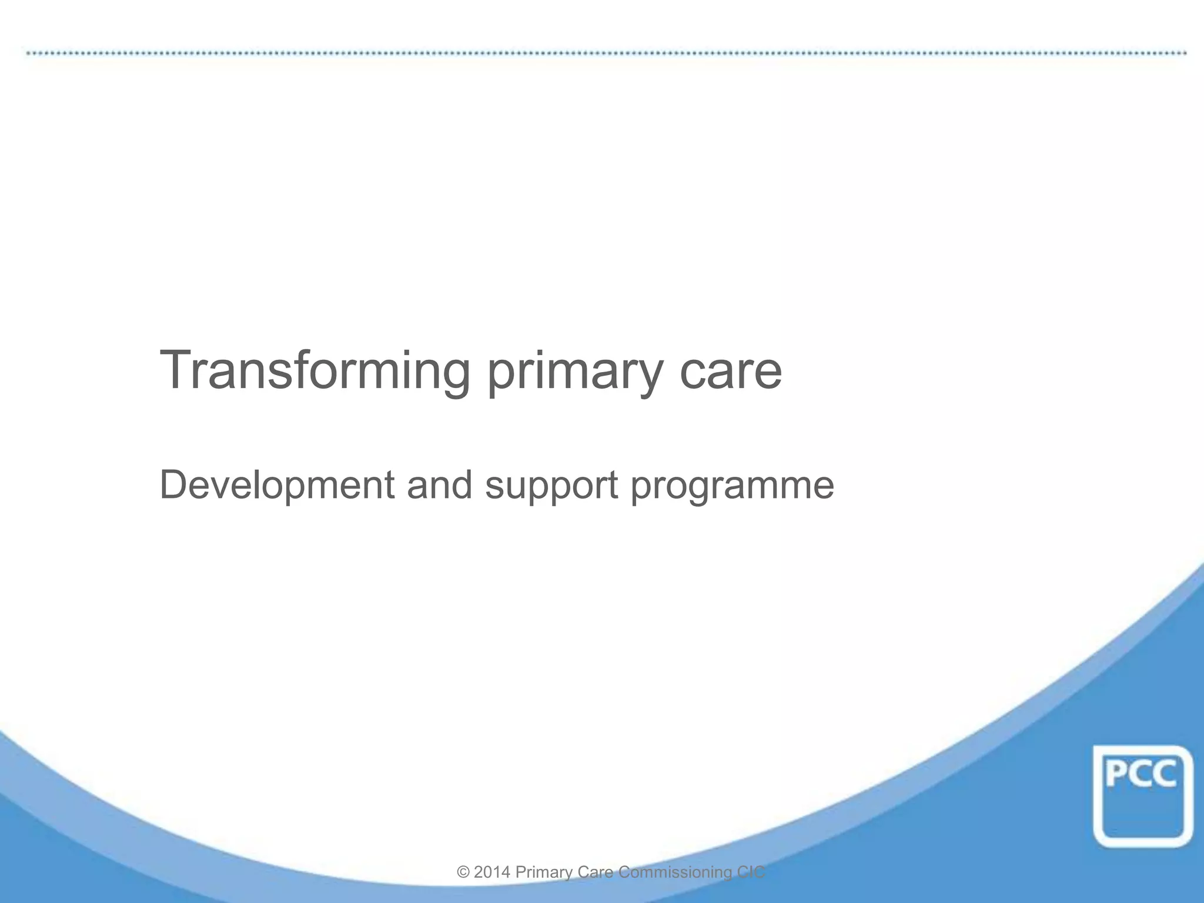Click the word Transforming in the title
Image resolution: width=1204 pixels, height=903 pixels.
pos(315,370)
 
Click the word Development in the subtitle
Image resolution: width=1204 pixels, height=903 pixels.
pos(277,486)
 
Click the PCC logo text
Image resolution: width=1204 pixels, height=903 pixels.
pos(1141,774)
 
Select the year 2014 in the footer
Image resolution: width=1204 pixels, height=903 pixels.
pos(491,872)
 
